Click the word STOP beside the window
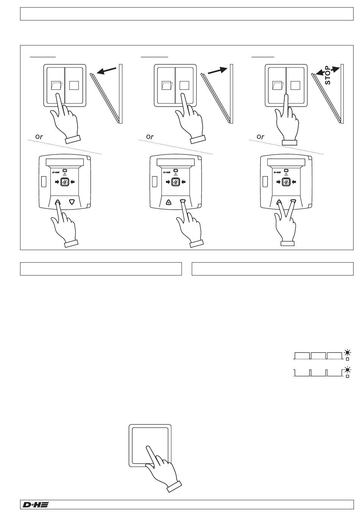(328, 76)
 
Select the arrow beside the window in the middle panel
(218, 71)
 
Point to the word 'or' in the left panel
(39, 136)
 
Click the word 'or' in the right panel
(260, 136)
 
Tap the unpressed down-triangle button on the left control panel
(72, 202)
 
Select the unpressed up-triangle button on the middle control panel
(168, 202)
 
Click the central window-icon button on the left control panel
(64, 182)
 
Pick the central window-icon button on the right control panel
(286, 182)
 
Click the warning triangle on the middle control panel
(175, 175)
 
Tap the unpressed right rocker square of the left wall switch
(74, 85)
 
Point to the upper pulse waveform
(318, 355)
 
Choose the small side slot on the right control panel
(265, 181)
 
